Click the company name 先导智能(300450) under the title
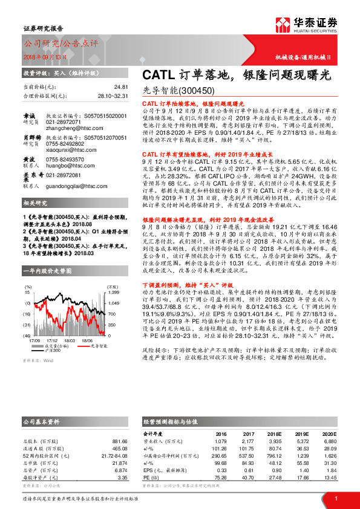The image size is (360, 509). coord(179,91)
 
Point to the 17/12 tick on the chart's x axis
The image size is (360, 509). coord(52,340)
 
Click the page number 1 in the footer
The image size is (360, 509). coord(336,499)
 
